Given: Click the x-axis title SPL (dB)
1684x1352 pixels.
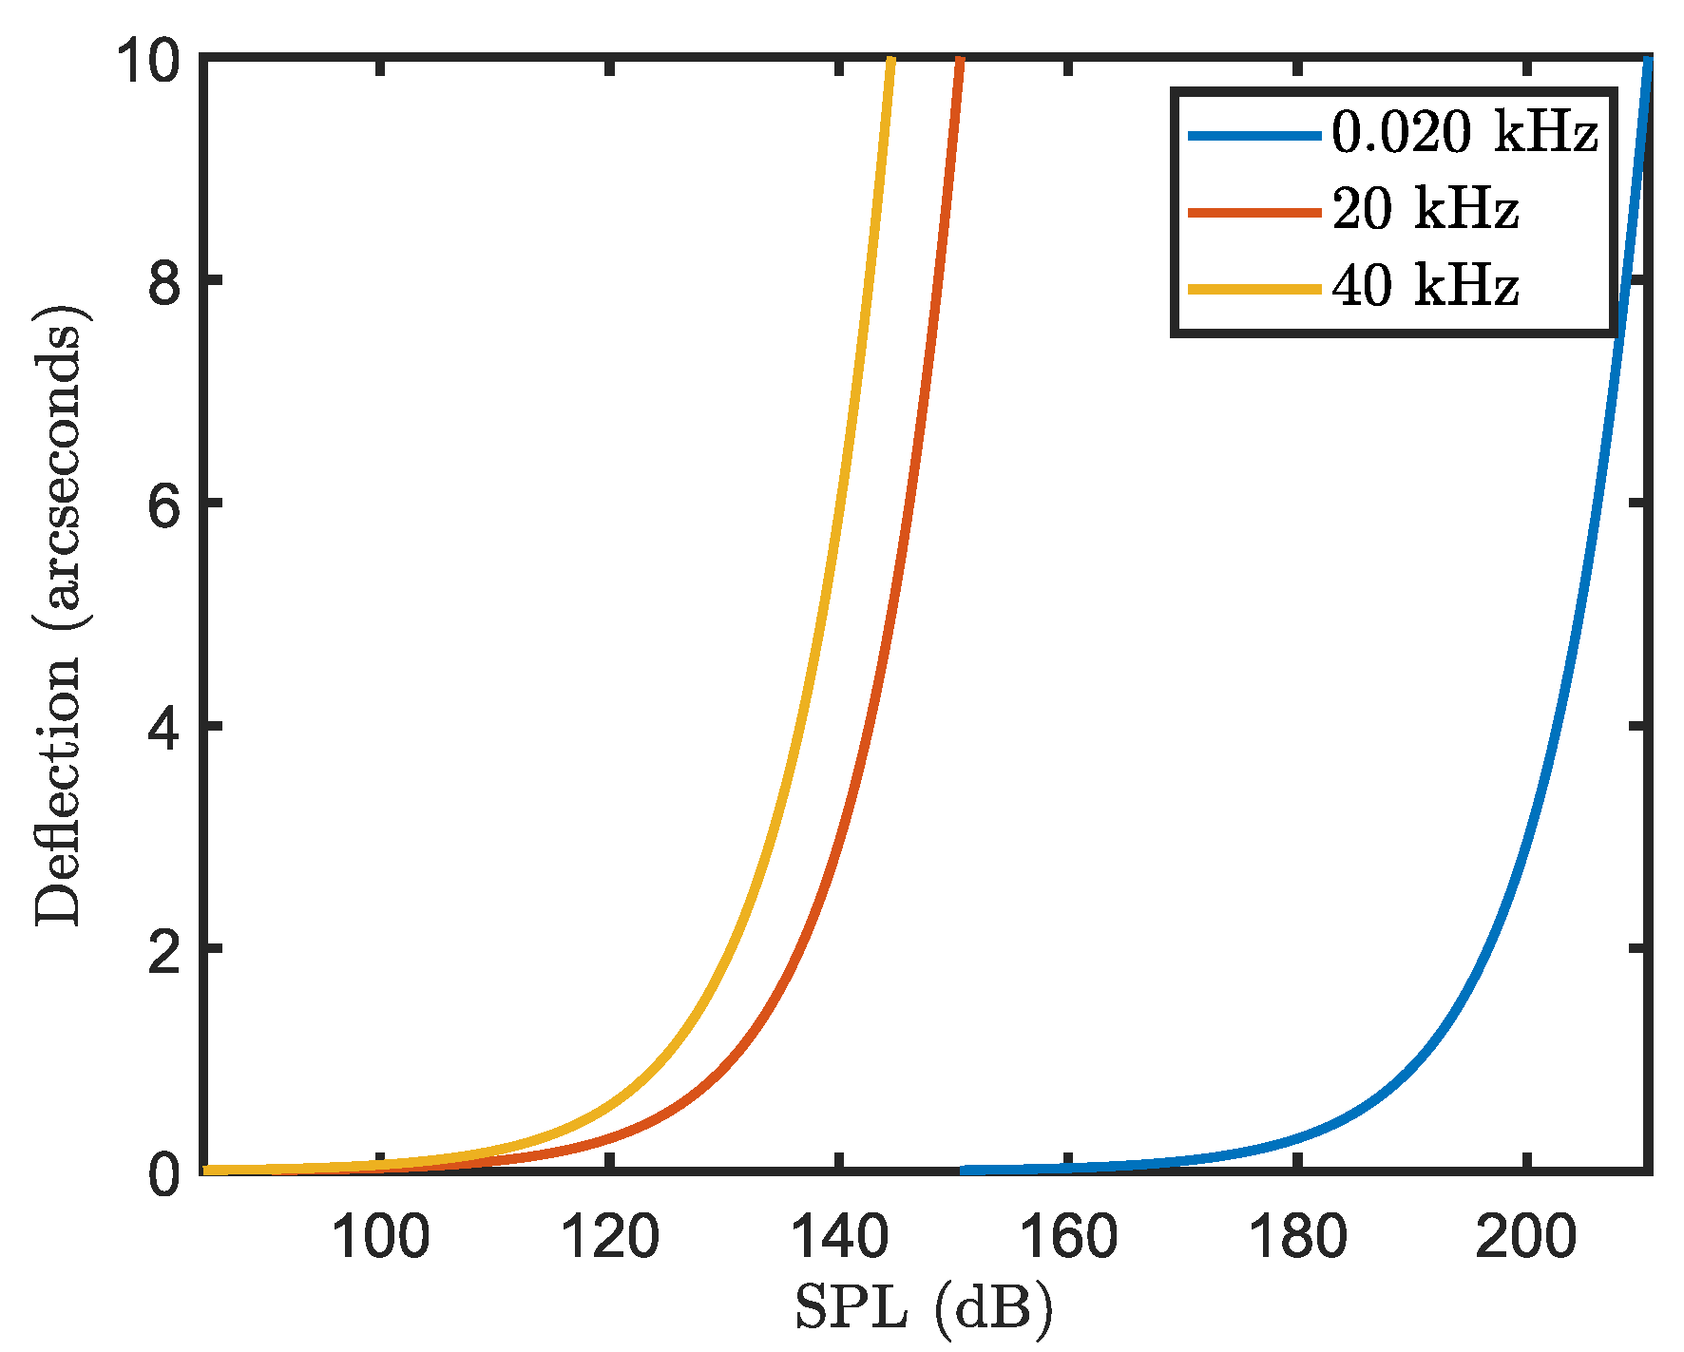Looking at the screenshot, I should click(x=924, y=1309).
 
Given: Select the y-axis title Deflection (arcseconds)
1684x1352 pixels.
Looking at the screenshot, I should click(x=59, y=616).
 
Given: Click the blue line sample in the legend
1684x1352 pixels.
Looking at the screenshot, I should click(x=1254, y=136).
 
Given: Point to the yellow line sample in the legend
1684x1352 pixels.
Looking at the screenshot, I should click(x=1254, y=288).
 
